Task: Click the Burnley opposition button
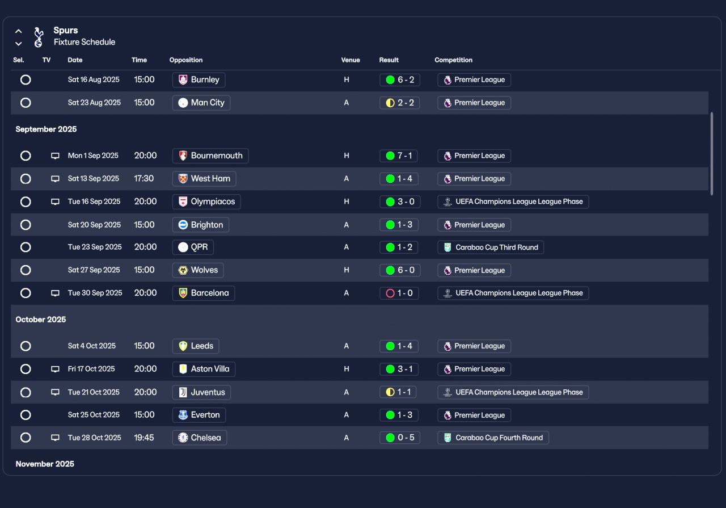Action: point(199,80)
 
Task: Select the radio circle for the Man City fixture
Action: point(26,103)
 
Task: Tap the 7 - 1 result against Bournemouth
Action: point(399,156)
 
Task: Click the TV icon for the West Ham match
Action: point(55,179)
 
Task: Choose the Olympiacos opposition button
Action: point(206,201)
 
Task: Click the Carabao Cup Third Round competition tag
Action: point(491,247)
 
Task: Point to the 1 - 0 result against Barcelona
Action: point(399,293)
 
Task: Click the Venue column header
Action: point(350,60)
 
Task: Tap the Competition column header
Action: point(453,60)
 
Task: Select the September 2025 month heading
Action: point(46,129)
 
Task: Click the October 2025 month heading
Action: point(41,320)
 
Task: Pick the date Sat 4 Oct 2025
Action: point(92,346)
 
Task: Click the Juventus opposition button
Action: point(201,392)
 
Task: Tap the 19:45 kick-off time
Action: point(144,438)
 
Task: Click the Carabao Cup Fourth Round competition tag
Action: point(493,438)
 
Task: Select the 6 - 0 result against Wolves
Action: point(399,270)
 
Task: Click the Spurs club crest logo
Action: point(38,37)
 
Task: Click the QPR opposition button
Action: point(193,247)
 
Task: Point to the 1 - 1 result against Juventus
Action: point(399,392)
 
